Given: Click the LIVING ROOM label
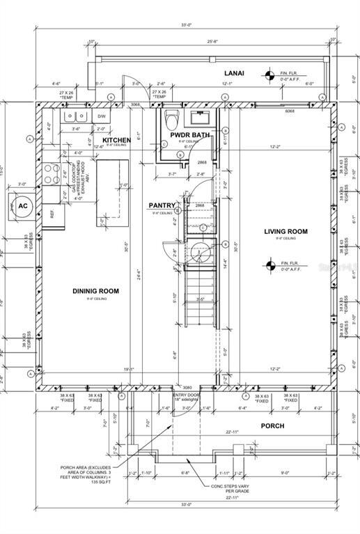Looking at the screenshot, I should pos(285,231).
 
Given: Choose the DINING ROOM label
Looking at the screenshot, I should pos(95,291).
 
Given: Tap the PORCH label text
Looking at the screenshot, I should pos(272,425).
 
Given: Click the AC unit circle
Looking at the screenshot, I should pos(23,205).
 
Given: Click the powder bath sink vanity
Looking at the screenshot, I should pos(205,116).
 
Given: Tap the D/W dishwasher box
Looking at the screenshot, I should pos(102,116).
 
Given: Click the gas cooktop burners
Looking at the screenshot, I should pos(50,174).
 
